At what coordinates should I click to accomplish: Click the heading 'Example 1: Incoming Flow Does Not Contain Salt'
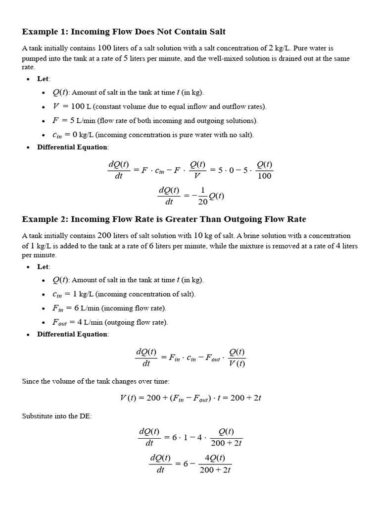[124, 32]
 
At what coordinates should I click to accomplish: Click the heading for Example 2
[164, 219]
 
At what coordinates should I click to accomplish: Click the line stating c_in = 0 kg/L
[153, 135]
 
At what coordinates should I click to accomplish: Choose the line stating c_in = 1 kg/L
[124, 294]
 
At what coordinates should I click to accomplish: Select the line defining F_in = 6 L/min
[109, 308]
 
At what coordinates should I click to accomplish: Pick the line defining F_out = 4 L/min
[110, 322]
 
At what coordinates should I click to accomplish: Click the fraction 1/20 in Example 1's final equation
[202, 196]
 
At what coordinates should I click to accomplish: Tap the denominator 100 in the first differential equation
[265, 176]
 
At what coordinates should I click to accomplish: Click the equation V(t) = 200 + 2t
[190, 398]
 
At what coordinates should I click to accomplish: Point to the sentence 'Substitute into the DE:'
[57, 416]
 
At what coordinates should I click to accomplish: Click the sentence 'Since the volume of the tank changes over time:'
[95, 381]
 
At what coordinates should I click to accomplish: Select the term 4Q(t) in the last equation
[215, 457]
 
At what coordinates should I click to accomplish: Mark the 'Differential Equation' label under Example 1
[72, 147]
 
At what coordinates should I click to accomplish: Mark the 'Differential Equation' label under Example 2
[72, 334]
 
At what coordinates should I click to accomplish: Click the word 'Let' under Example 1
[43, 79]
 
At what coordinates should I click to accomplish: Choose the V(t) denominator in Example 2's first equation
[237, 364]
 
